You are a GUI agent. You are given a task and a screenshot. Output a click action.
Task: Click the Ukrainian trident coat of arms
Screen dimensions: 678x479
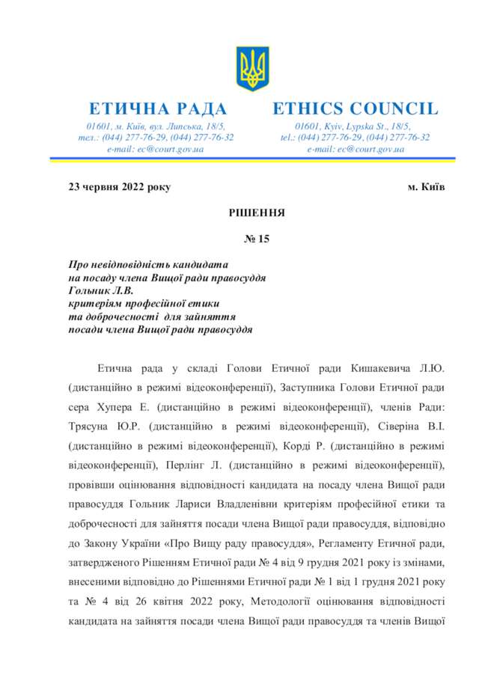coord(252,68)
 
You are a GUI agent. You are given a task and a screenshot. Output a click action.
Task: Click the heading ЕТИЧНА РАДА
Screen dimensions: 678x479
coord(158,109)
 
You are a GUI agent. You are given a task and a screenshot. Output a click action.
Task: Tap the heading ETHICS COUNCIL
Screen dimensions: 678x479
coord(355,109)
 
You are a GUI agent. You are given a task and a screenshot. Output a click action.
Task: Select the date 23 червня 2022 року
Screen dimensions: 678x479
coord(120,186)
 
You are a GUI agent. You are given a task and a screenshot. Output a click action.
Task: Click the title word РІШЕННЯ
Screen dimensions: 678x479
coord(257,213)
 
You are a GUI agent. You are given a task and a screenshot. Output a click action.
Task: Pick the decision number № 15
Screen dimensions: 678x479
coord(257,240)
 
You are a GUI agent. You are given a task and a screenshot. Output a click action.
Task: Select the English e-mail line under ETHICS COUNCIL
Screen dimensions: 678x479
coord(356,149)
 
